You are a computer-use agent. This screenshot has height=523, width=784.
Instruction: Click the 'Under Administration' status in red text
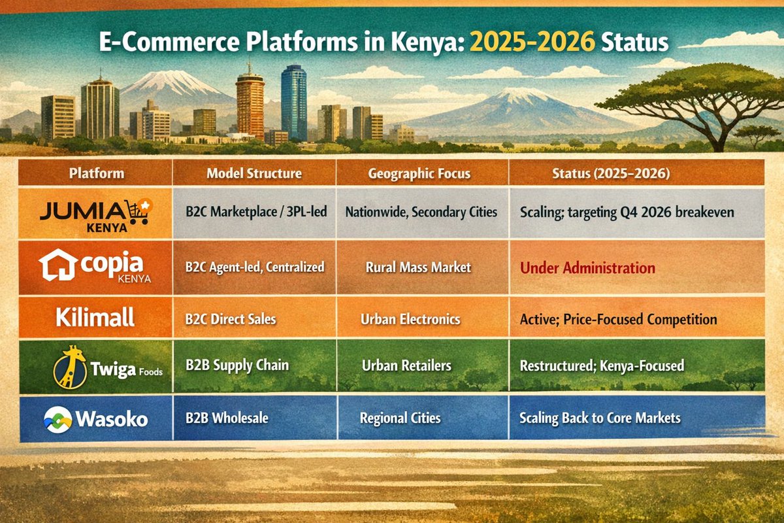587,268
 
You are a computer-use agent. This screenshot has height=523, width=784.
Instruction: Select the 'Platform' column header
96,174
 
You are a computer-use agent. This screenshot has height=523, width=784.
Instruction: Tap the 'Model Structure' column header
254,174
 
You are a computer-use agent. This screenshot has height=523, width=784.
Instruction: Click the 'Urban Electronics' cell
410,320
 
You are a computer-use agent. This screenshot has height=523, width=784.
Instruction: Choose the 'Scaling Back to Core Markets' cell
600,418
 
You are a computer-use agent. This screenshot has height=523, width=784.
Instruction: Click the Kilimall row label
95,318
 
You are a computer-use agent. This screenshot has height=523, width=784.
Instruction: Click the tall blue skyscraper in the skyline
293,101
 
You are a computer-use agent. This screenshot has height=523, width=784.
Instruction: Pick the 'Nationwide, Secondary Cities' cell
421,212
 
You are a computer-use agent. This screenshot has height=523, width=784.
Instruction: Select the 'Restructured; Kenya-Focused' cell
602,365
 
